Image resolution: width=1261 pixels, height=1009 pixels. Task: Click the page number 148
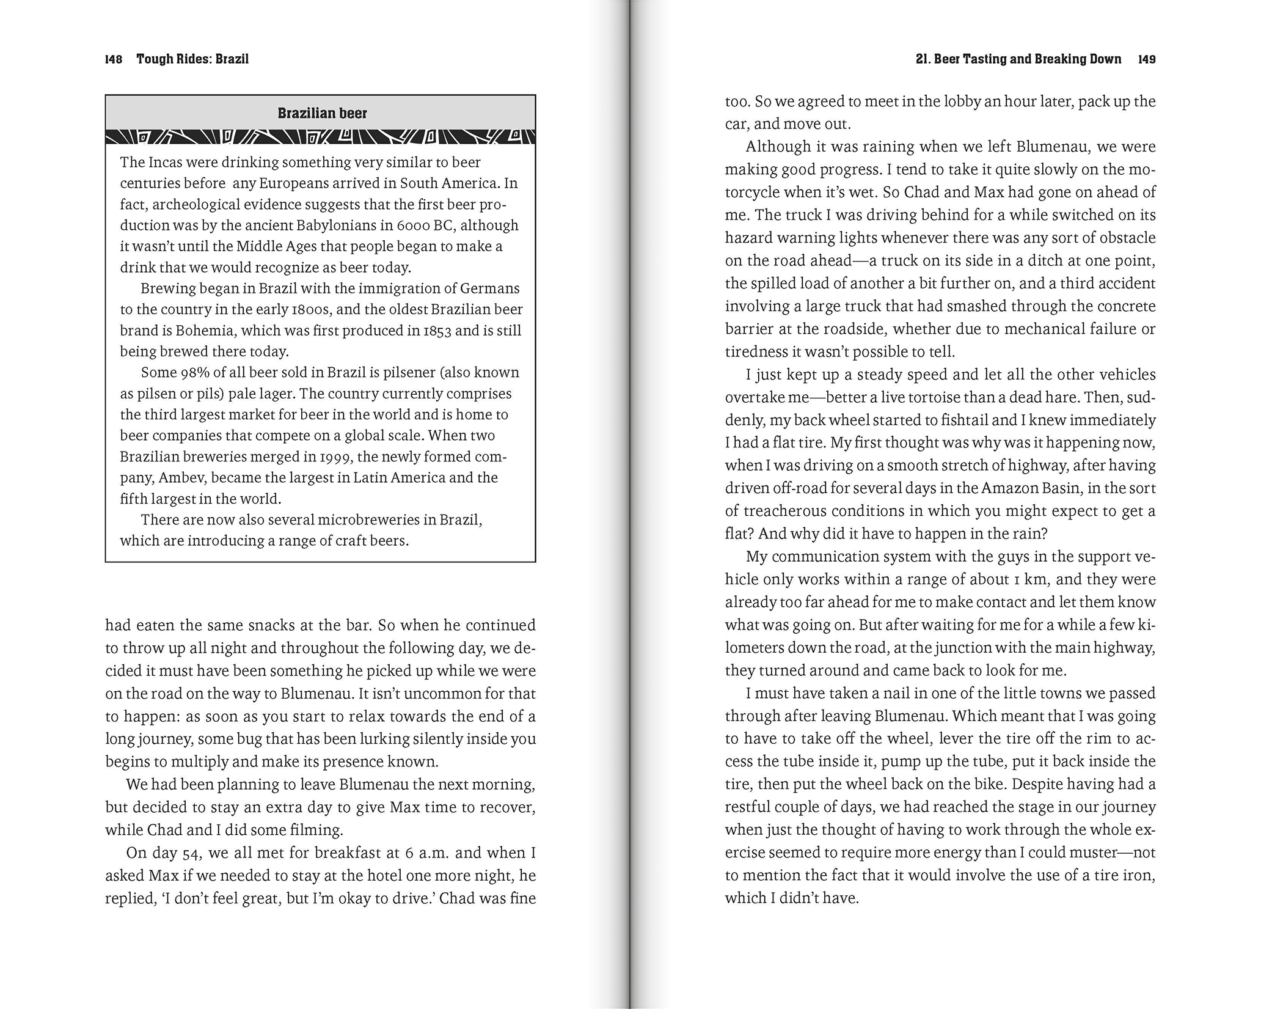point(114,59)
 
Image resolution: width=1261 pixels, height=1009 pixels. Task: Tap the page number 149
point(1147,59)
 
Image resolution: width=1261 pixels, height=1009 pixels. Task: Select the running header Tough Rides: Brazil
point(192,59)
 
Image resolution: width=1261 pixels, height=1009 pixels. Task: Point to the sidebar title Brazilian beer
point(322,113)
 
